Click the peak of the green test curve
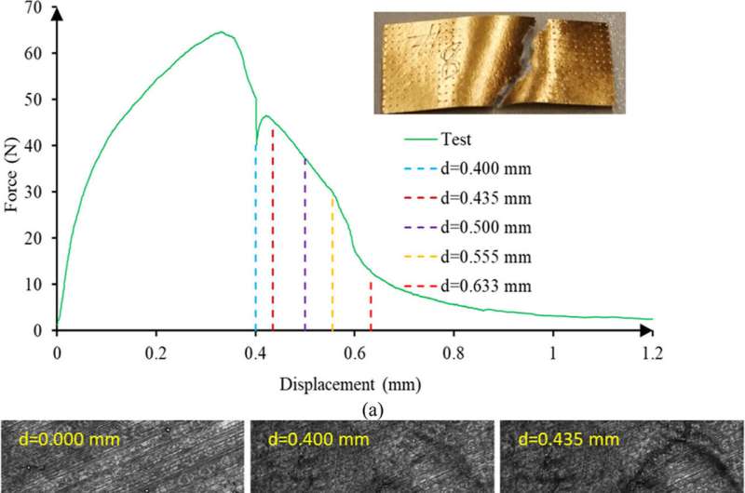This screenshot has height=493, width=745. click(221, 33)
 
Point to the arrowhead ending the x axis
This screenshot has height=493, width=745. click(644, 329)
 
